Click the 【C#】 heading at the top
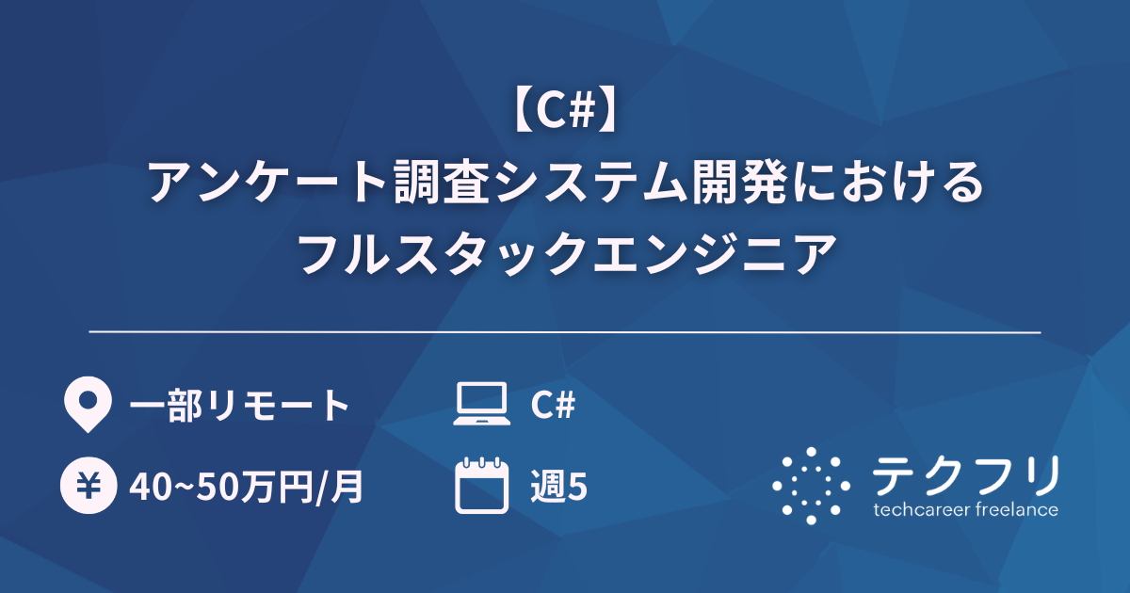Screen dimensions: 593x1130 [x=565, y=114]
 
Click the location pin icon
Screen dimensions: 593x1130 [x=87, y=406]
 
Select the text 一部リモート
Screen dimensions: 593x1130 [x=239, y=406]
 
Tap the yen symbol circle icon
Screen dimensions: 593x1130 [x=87, y=488]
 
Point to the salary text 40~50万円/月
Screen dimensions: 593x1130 [x=246, y=488]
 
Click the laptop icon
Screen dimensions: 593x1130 [x=481, y=406]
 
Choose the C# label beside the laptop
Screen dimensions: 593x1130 [x=553, y=406]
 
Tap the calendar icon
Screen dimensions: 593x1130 [x=481, y=487]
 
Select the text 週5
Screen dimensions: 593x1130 [x=558, y=488]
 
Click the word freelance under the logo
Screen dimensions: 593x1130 [x=1016, y=510]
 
